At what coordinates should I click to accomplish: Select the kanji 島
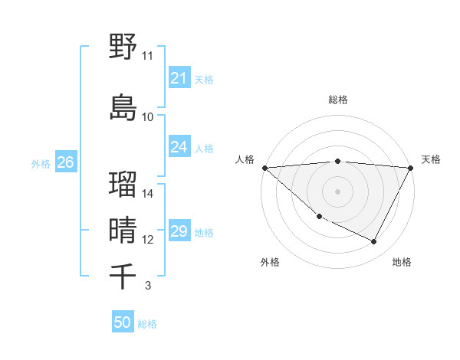pos(123,106)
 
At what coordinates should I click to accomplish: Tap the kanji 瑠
pos(123,184)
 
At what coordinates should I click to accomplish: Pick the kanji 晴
pos(123,230)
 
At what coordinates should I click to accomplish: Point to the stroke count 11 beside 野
pos(148,56)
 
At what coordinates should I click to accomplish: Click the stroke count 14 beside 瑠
pos(148,193)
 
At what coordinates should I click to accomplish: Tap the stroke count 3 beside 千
pos(148,286)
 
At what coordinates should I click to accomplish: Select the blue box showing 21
pos(179,77)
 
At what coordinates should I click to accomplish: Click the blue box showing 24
pos(179,147)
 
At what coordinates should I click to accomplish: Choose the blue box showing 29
pos(179,231)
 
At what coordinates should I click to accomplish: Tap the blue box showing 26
pos(65,162)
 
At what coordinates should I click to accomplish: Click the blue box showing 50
pos(122,322)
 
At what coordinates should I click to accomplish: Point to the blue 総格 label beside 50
pos(147,324)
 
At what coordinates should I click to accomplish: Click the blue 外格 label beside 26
pos(41,163)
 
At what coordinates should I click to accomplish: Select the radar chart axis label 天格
pos(431,159)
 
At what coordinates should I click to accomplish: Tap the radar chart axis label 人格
pos(245,159)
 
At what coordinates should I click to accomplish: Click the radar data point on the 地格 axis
pos(374,242)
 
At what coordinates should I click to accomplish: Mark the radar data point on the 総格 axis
pos(337,161)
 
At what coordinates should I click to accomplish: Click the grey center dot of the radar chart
pos(337,191)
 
